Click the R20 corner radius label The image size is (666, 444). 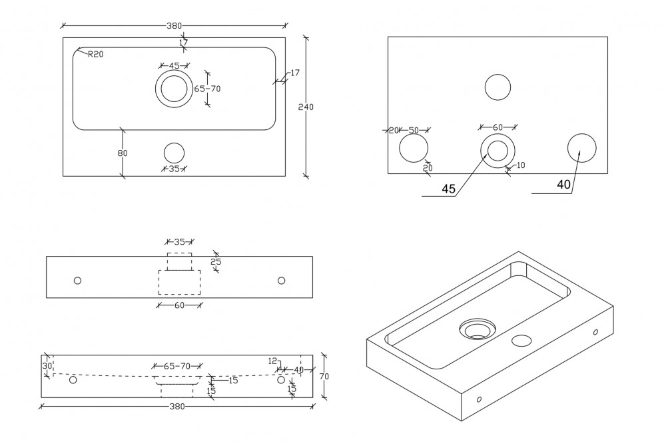[96, 55]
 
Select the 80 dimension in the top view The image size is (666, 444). [123, 153]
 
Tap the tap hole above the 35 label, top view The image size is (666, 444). [174, 153]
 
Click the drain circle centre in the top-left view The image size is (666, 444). [174, 89]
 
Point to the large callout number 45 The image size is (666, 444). [449, 189]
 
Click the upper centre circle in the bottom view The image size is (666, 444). [498, 87]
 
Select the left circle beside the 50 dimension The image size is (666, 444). [414, 148]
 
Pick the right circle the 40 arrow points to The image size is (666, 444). [581, 147]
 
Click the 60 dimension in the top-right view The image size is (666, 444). [498, 127]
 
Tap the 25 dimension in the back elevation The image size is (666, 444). [215, 263]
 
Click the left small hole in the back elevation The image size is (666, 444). [77, 281]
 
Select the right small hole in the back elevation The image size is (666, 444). [281, 281]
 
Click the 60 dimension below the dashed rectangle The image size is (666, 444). [179, 305]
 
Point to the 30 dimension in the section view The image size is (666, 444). [47, 366]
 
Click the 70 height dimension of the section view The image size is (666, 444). [324, 377]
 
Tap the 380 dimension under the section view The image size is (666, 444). [176, 406]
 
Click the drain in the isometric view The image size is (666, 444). [477, 329]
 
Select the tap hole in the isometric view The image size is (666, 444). [521, 341]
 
